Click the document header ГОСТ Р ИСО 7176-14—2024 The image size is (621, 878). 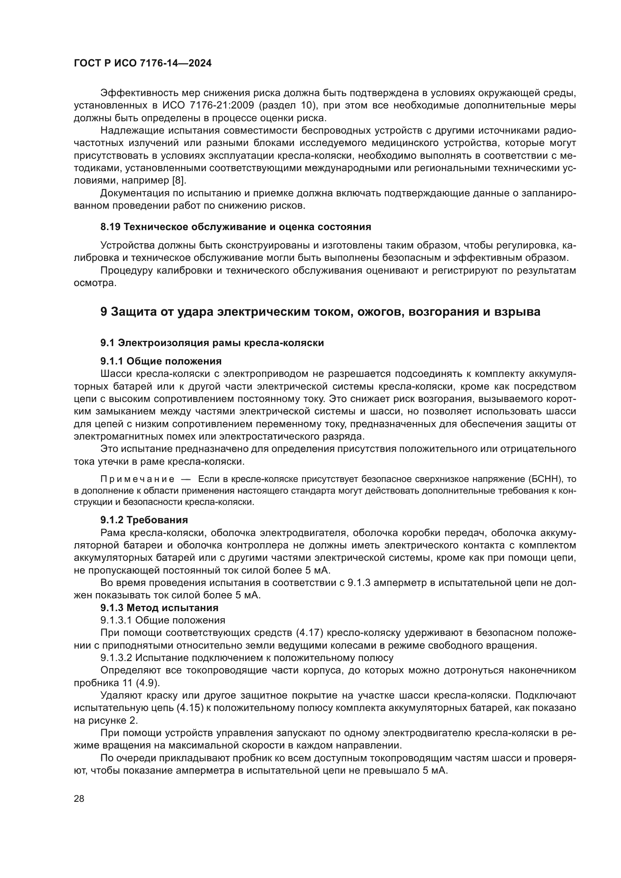tap(143, 63)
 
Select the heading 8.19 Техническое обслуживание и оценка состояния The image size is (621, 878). tap(235, 227)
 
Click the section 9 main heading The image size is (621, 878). tap(320, 312)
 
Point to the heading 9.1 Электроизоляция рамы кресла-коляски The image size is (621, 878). tap(212, 343)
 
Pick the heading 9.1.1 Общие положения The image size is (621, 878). tap(161, 361)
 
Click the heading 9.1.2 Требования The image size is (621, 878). tap(144, 520)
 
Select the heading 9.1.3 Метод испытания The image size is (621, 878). tap(160, 608)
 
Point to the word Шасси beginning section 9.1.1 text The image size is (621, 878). tap(113, 373)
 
